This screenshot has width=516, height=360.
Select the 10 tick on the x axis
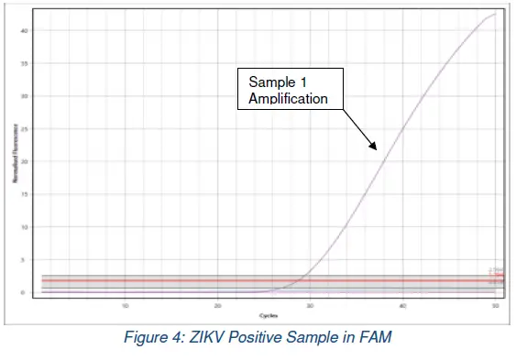click(125, 305)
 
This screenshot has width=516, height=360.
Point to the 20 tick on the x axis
click(217, 305)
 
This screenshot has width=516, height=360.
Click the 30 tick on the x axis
click(310, 305)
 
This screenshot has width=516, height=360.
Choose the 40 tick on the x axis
click(402, 305)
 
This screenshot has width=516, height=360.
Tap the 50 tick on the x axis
click(495, 305)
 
